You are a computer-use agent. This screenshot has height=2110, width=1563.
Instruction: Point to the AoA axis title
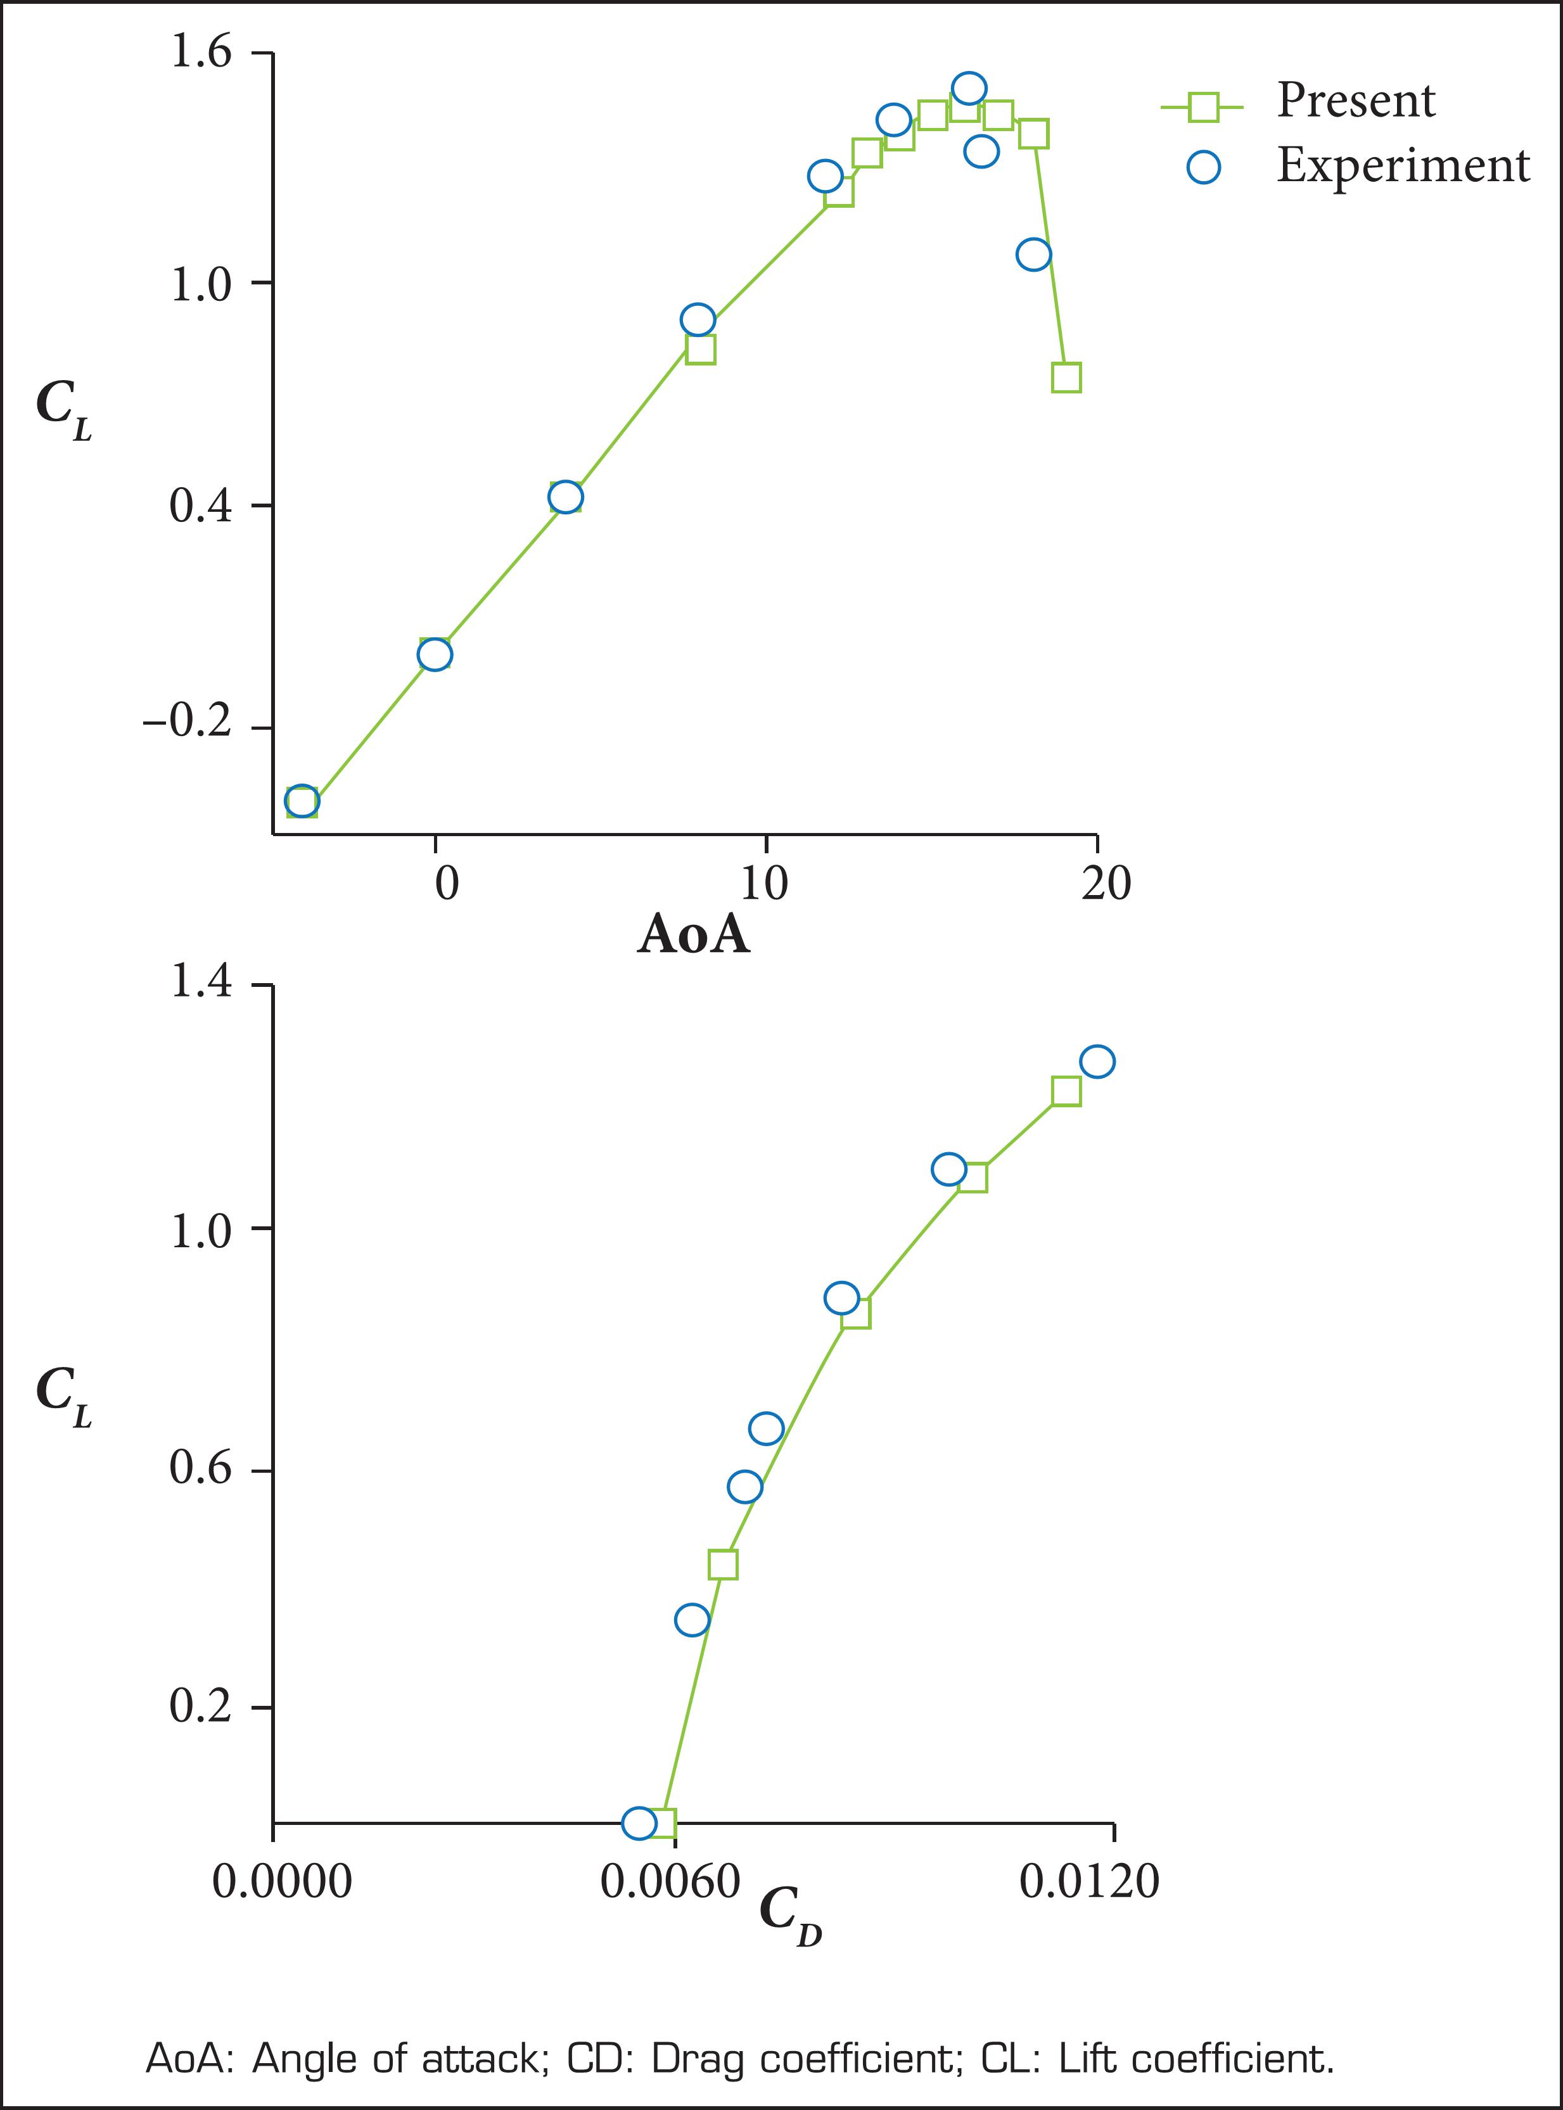pyautogui.click(x=694, y=934)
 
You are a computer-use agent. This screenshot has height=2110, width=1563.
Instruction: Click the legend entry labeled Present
pyautogui.click(x=1355, y=100)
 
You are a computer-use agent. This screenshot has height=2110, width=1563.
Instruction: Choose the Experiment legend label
pyautogui.click(x=1402, y=165)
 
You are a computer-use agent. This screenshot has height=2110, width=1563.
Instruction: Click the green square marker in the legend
pyautogui.click(x=1203, y=107)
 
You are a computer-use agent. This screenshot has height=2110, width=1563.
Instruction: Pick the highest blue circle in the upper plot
pyautogui.click(x=968, y=89)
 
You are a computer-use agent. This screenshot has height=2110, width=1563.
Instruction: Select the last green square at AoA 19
pyautogui.click(x=1066, y=378)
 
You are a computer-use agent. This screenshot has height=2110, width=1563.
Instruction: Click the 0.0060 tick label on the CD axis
pyautogui.click(x=670, y=1882)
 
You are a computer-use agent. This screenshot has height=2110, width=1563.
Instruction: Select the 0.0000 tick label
pyautogui.click(x=282, y=1882)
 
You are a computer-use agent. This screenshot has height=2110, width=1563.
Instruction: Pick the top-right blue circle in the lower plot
pyautogui.click(x=1097, y=1061)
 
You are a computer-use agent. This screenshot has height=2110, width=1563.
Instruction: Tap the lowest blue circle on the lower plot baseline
pyautogui.click(x=639, y=1822)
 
